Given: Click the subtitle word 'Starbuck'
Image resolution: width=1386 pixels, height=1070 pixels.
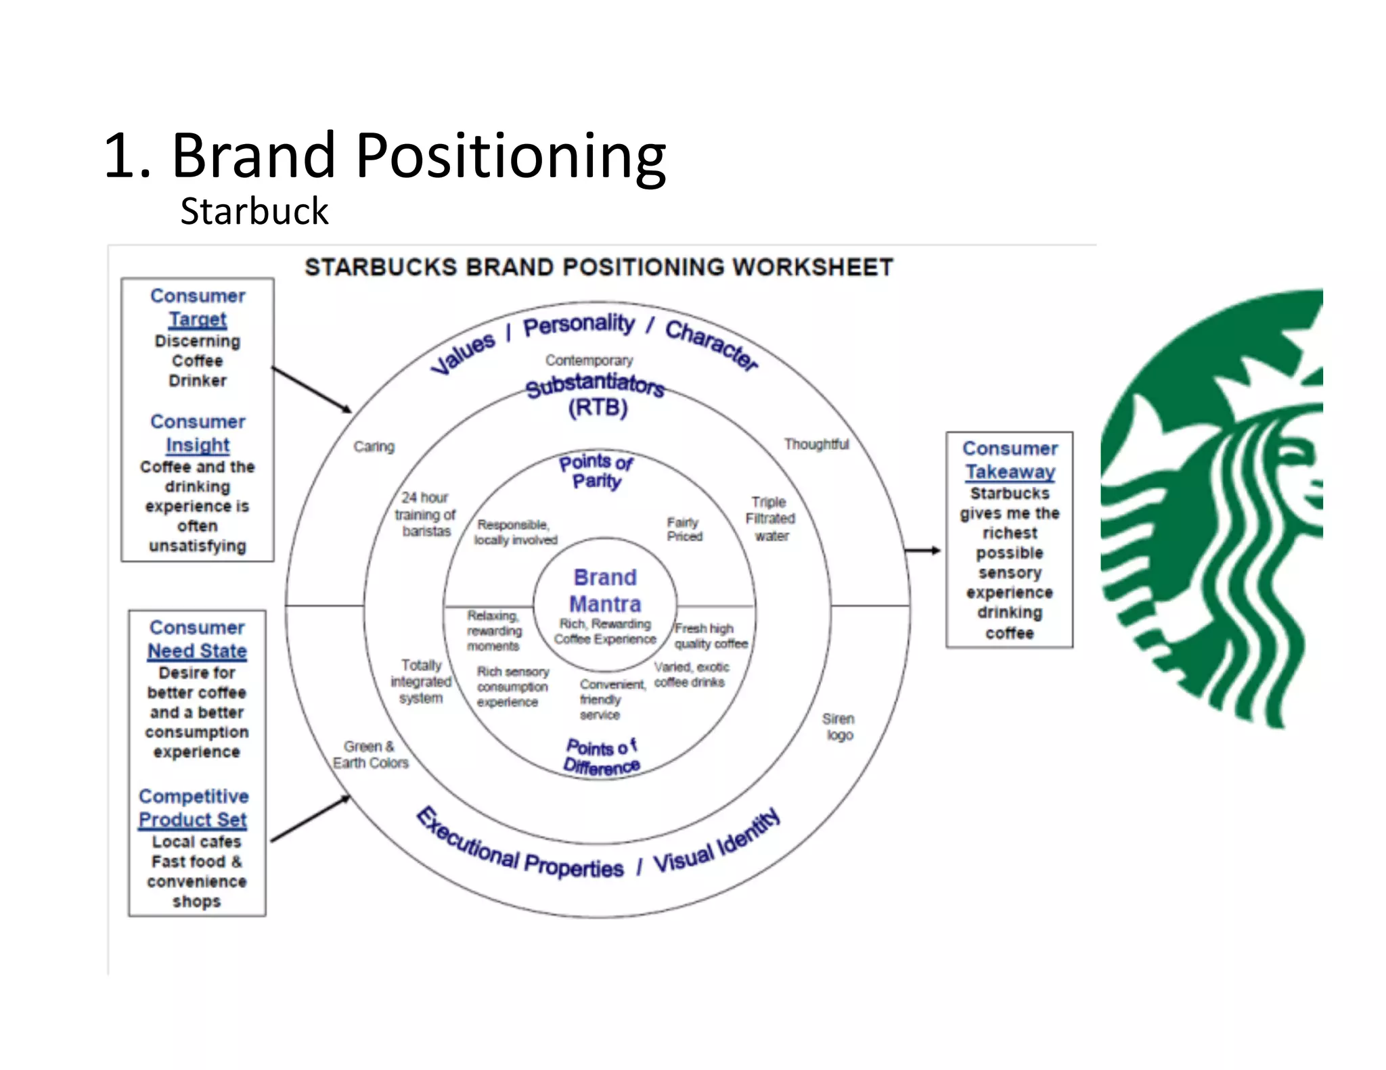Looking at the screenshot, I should pos(254,211).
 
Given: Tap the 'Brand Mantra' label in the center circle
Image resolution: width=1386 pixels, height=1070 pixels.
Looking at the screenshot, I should pos(604,590).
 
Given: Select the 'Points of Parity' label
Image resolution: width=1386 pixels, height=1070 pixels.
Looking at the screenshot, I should pos(596,471).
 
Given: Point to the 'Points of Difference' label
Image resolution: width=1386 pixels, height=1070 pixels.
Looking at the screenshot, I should pos(601,757).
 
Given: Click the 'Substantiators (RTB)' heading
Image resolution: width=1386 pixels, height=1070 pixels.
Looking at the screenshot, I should pos(596,395).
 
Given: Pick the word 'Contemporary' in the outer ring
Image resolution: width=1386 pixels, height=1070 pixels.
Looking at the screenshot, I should pos(589,360).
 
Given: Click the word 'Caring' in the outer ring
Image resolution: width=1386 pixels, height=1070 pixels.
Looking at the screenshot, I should pos(374,446).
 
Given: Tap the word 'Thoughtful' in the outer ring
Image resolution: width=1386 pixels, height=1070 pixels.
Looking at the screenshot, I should pos(816,444).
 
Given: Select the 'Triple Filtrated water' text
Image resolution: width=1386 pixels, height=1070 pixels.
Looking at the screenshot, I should pos(770,519).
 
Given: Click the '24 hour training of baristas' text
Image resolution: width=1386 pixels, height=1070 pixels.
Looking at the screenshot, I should pos(425,515).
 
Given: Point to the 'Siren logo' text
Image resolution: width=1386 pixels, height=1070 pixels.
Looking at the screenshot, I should pos(839,726).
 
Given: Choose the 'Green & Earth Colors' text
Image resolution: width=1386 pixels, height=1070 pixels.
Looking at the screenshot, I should pos(370,755).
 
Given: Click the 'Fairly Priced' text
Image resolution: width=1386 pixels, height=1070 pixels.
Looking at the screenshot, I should pos(684,529).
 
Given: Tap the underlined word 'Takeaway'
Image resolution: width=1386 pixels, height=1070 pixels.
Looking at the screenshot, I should pos(1010,471).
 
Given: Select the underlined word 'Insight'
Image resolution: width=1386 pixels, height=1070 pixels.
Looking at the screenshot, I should pos(198,445).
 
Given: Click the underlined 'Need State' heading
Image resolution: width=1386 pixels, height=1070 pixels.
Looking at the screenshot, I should pos(197,651).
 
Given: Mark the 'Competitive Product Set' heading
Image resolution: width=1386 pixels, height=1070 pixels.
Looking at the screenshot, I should pos(194,808).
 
